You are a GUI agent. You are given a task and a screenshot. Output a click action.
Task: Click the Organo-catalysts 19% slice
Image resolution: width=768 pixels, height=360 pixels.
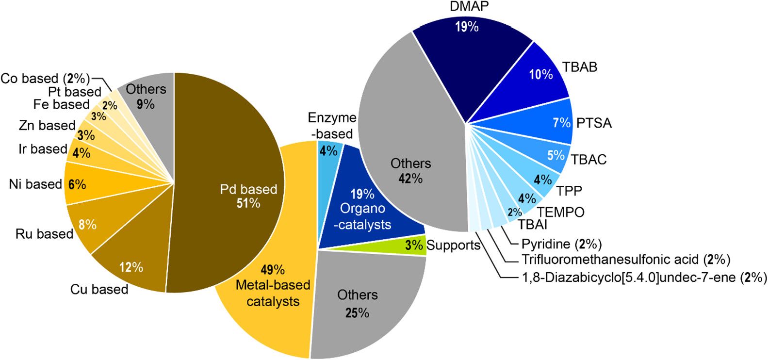[x=369, y=209]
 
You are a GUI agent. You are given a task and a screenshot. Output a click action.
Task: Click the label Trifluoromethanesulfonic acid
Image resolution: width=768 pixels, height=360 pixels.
[x=611, y=260]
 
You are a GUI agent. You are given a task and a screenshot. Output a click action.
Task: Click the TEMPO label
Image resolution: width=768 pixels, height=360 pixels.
[x=560, y=212]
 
